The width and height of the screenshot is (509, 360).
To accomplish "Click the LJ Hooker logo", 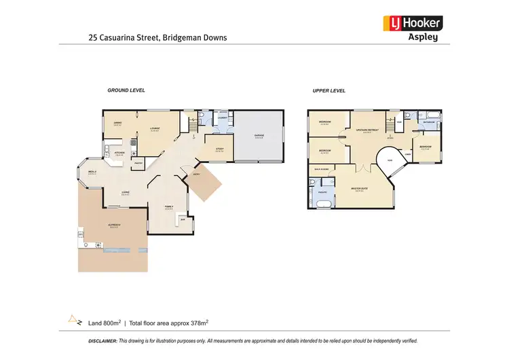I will point(413,23).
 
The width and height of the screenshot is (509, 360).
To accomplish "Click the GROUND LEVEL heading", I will point(126,90).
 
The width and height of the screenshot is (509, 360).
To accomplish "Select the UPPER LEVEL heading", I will point(328,90).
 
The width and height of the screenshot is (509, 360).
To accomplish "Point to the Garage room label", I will point(259,136).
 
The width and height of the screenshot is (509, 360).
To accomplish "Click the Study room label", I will point(219,149).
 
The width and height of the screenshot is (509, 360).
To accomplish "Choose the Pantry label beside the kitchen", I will point(138,163).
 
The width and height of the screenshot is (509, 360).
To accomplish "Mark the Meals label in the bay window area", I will point(92,173).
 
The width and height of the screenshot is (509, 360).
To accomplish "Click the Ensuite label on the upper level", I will point(322,192).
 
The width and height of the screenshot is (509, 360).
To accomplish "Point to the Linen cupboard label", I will point(409,155).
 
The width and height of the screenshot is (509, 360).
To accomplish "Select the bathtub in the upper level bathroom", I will point(431,115).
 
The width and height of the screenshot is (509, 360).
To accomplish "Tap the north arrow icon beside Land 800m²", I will point(73,319).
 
